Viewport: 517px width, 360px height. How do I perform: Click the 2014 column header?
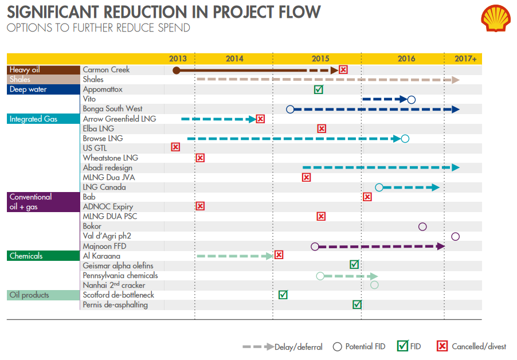(234, 58)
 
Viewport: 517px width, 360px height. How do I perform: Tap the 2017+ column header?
(465, 58)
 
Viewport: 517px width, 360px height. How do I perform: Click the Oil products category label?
(29, 295)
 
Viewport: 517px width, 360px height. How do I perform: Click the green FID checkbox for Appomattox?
(319, 89)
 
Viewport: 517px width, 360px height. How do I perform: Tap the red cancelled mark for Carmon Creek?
(343, 70)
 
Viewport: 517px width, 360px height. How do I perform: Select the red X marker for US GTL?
(175, 147)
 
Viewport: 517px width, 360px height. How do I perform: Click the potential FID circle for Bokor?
(422, 226)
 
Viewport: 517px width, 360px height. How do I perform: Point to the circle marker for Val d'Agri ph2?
(455, 236)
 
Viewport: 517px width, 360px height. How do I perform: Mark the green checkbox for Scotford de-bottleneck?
(283, 295)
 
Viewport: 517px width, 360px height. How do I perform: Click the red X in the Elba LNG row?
(322, 128)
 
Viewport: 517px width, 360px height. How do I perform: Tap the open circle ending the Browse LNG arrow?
(405, 138)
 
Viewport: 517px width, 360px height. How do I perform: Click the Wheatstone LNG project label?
(111, 158)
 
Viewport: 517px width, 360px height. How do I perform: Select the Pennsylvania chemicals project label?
(120, 275)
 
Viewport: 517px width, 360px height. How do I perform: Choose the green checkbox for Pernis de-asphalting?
(357, 304)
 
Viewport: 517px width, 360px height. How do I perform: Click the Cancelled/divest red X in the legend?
(442, 346)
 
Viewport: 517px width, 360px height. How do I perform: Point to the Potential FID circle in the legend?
(337, 346)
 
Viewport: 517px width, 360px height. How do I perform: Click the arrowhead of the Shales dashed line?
(456, 80)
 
